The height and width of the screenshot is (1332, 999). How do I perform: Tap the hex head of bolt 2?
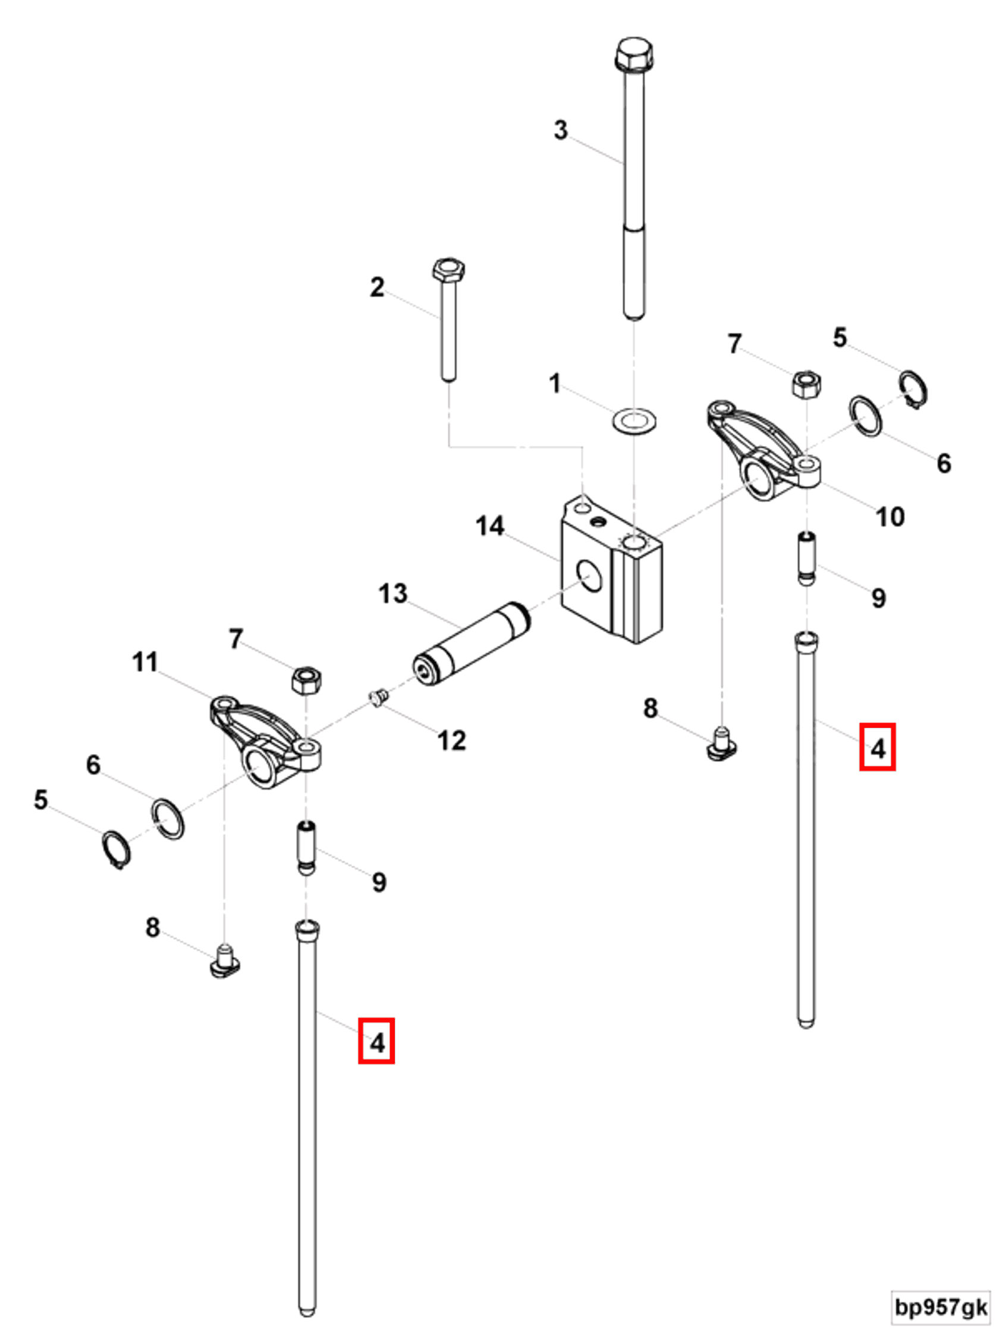click(x=448, y=269)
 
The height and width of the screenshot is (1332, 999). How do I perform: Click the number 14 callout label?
click(x=489, y=526)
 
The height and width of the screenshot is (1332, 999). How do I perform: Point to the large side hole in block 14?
click(x=588, y=575)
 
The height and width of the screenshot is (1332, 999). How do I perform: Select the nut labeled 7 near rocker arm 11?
click(x=306, y=680)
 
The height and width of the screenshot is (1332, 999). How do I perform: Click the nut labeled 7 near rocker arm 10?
click(x=806, y=383)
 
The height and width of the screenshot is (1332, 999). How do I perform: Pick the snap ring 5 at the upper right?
click(x=913, y=389)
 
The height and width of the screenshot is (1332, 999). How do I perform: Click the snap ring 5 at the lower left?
click(x=116, y=849)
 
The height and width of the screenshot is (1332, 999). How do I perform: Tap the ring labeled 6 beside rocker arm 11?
click(x=168, y=818)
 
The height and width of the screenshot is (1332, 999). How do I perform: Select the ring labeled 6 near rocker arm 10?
click(x=865, y=416)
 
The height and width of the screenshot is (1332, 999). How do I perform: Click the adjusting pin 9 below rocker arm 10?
click(x=806, y=558)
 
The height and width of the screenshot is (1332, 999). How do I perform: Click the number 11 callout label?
click(x=144, y=662)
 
